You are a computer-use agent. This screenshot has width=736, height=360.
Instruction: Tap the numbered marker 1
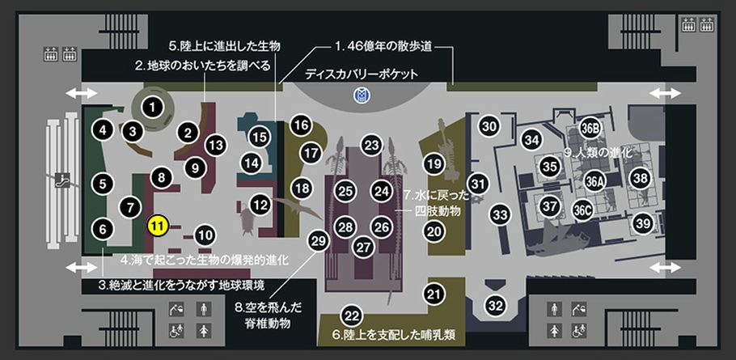tap(151, 108)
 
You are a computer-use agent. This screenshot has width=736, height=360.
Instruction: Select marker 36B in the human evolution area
tap(590, 129)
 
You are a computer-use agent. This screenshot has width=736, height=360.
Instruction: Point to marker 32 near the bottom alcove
tap(495, 306)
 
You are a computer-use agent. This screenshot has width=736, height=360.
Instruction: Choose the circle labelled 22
tap(352, 316)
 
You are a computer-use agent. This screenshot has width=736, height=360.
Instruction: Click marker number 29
tap(318, 241)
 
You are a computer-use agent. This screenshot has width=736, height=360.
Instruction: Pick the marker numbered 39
tap(643, 224)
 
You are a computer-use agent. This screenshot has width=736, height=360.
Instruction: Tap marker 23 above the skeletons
tap(372, 145)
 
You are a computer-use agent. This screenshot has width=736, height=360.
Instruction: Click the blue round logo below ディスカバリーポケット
tap(363, 95)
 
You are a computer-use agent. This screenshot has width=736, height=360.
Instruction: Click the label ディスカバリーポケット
tap(361, 74)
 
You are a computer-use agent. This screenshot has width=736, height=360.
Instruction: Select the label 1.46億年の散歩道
tap(383, 47)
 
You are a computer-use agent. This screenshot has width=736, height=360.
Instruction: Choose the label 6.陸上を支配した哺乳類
tap(395, 336)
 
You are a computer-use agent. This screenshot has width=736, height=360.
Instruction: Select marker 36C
tap(582, 211)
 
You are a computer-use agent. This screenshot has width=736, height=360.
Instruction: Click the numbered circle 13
tap(215, 145)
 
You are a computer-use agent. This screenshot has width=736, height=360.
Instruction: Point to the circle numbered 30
tap(489, 126)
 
